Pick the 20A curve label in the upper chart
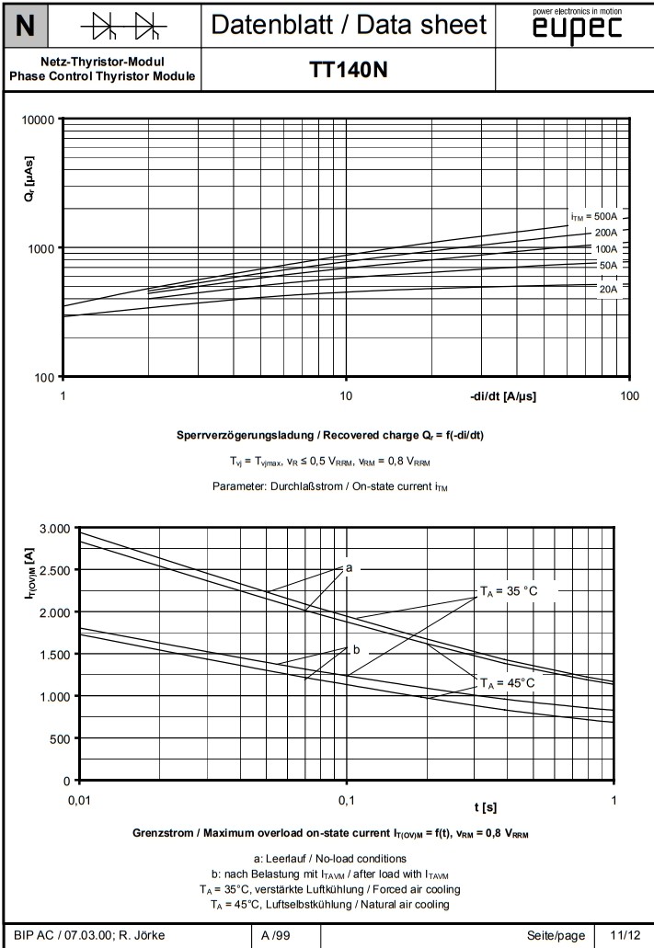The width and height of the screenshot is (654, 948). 607,289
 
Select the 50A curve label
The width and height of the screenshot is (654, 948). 607,266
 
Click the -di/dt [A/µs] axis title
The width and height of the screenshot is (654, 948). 503,397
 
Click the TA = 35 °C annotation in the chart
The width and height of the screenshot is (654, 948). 515,592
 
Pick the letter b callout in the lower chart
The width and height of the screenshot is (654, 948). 357,650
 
